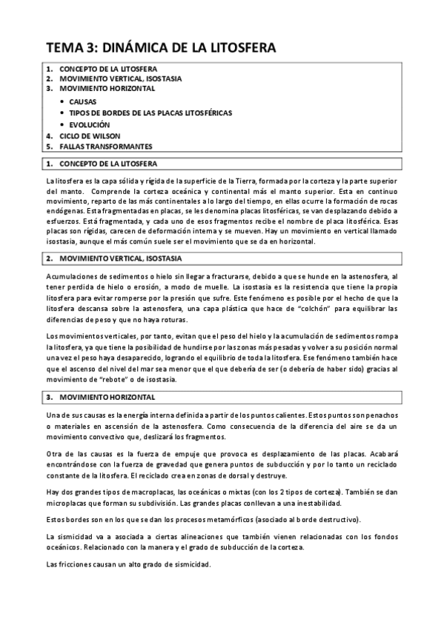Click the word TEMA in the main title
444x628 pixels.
click(x=64, y=48)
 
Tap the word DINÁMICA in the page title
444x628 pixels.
click(x=135, y=48)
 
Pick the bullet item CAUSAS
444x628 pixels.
click(x=82, y=101)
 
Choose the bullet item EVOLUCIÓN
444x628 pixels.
click(x=90, y=124)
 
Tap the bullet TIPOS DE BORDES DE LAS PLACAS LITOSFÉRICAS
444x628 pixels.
click(x=150, y=113)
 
